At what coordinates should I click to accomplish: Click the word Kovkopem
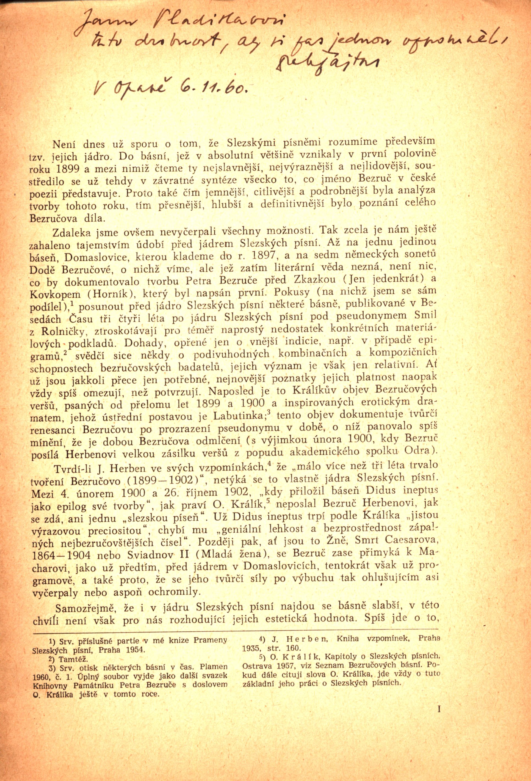56,294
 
